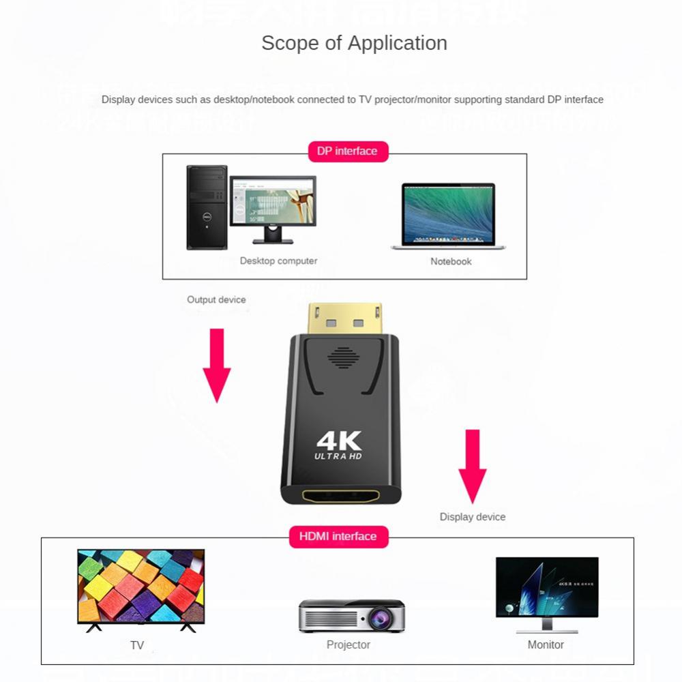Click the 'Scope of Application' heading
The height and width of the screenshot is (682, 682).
click(x=354, y=43)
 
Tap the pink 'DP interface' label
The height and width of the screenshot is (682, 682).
click(x=347, y=151)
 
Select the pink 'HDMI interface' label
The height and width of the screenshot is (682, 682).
click(x=338, y=536)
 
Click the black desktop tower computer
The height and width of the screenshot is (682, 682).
click(x=207, y=207)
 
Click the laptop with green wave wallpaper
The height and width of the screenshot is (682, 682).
click(x=448, y=216)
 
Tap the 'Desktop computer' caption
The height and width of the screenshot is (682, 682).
click(x=278, y=261)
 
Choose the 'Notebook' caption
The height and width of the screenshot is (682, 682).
click(x=451, y=261)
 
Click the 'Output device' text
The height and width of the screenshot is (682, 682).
click(x=216, y=299)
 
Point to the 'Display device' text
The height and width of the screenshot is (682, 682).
click(x=473, y=517)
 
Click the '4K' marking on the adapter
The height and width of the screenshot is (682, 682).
click(x=339, y=440)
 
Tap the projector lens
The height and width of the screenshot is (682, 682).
click(x=376, y=618)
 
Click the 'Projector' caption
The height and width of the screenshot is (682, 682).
click(x=349, y=644)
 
